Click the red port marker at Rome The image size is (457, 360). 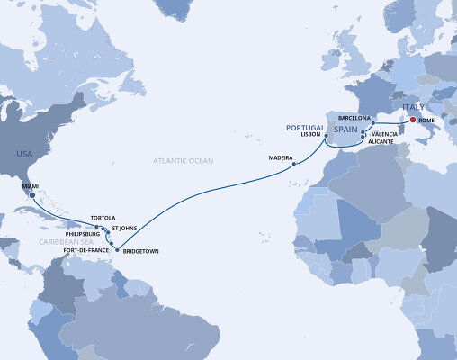[x=412, y=121]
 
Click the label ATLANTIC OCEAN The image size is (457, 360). [x=181, y=160]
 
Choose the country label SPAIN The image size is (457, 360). [x=345, y=130]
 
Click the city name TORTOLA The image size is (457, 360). [x=104, y=218]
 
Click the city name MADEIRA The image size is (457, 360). [x=282, y=158]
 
